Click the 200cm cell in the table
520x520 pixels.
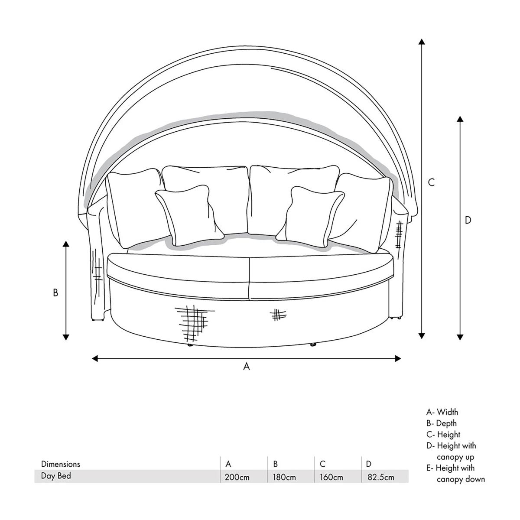pyautogui.click(x=237, y=477)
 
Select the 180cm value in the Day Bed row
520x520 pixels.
pyautogui.click(x=284, y=477)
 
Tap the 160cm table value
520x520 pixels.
pyautogui.click(x=331, y=477)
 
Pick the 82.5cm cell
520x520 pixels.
pyautogui.click(x=380, y=477)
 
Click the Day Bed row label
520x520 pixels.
pyautogui.click(x=56, y=476)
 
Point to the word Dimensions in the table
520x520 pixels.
pyautogui.click(x=60, y=464)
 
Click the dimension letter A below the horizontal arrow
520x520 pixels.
pyautogui.click(x=247, y=366)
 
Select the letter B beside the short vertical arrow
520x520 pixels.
pyautogui.click(x=55, y=292)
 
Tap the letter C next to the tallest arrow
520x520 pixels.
pyautogui.click(x=431, y=183)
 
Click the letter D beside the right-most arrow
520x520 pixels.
pyautogui.click(x=468, y=220)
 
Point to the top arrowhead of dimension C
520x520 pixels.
pyautogui.click(x=422, y=42)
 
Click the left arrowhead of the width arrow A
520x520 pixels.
pyautogui.click(x=95, y=359)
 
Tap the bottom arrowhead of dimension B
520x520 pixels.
pyautogui.click(x=66, y=337)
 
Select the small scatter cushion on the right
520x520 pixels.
pyautogui.click(x=310, y=216)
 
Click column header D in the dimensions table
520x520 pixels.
pyautogui.click(x=369, y=464)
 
